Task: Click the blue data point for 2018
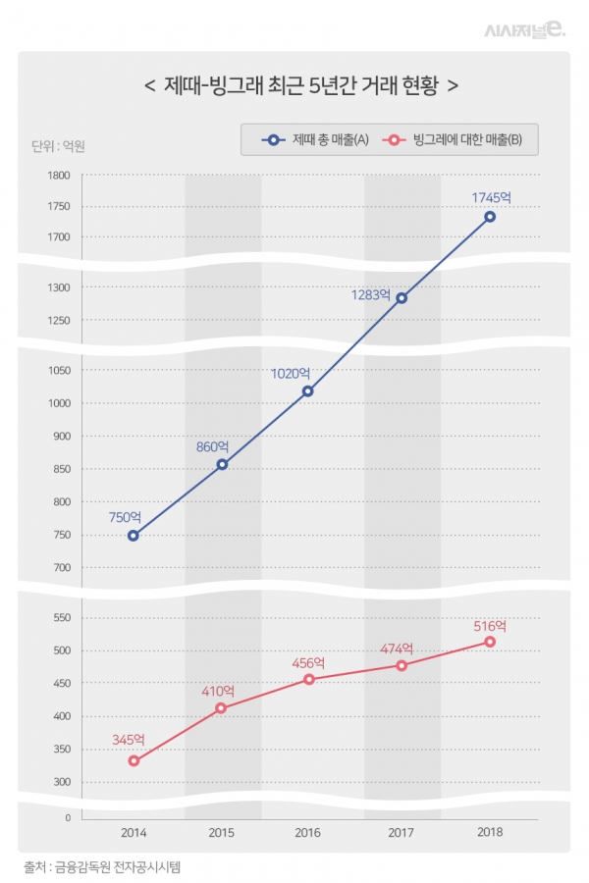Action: [490, 217]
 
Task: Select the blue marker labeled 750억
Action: [133, 536]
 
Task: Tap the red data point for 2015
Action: [221, 708]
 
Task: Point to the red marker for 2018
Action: [490, 642]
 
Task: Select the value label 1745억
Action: [492, 197]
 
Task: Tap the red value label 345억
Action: [128, 740]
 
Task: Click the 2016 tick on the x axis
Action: [311, 833]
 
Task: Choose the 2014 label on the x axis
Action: [134, 833]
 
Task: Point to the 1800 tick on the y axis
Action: [59, 176]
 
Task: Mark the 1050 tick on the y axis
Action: [59, 371]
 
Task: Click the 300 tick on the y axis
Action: [61, 782]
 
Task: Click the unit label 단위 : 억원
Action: [59, 147]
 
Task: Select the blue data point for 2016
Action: [308, 391]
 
